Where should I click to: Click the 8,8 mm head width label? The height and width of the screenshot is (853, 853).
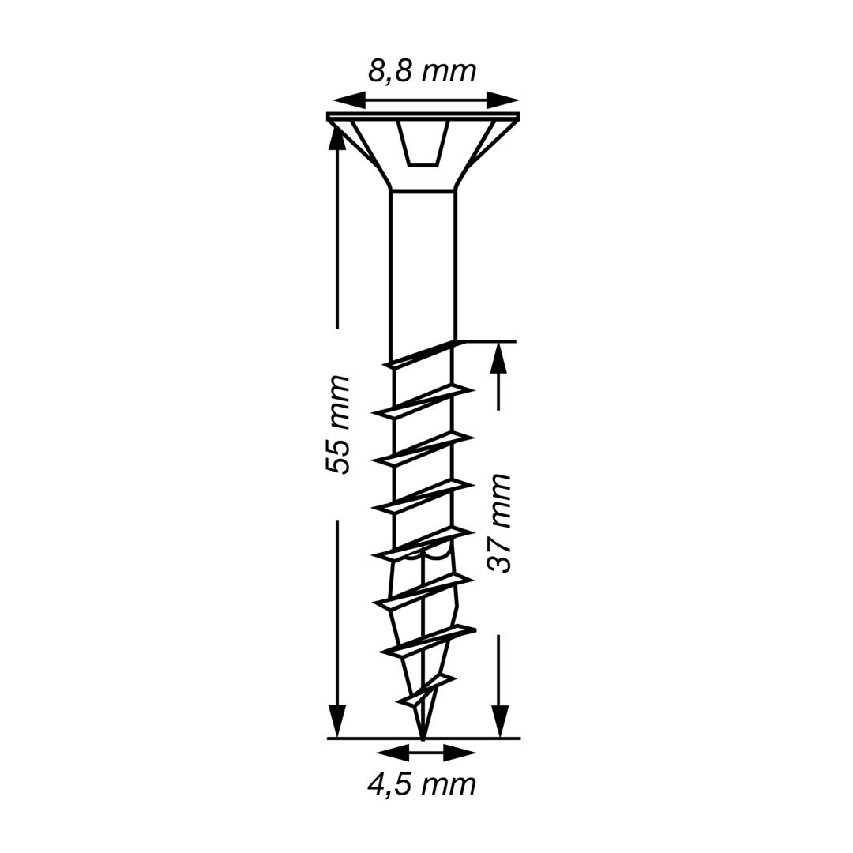click(422, 71)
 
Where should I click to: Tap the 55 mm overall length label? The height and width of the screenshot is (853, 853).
click(337, 424)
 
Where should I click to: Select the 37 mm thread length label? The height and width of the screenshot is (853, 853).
click(499, 524)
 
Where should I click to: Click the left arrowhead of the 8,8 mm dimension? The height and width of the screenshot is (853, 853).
click(348, 100)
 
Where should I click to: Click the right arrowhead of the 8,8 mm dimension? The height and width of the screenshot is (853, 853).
click(502, 100)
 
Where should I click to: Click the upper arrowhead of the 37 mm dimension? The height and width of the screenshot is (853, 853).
click(499, 359)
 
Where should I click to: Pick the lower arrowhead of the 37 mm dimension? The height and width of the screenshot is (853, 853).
click(499, 721)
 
